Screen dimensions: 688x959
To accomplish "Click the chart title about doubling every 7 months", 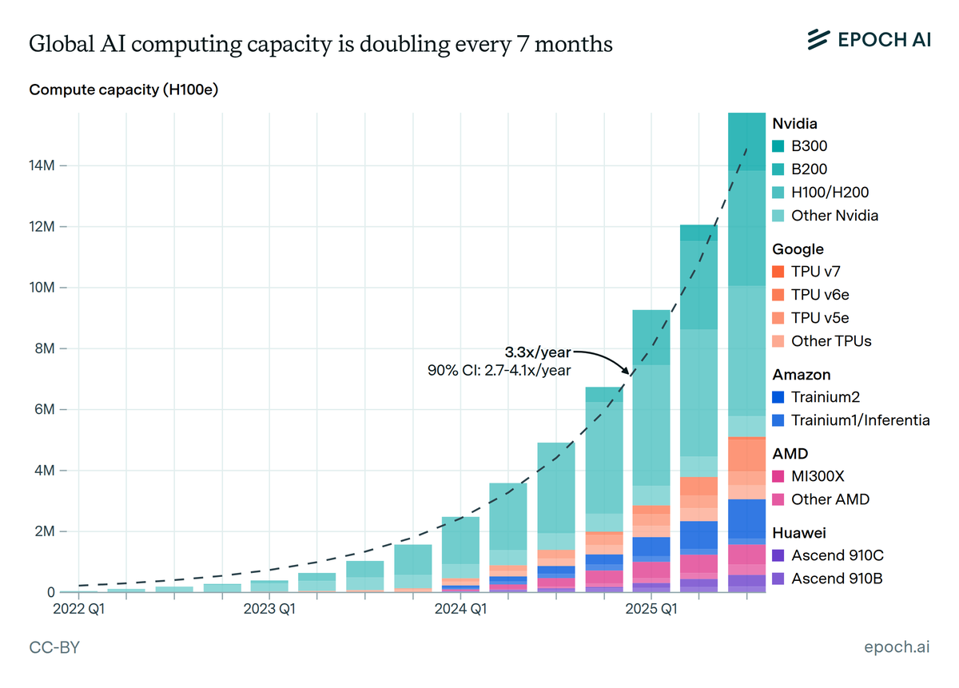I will click(x=320, y=45).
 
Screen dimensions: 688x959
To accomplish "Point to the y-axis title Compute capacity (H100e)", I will click(x=124, y=89).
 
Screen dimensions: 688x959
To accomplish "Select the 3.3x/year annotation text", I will click(x=538, y=351).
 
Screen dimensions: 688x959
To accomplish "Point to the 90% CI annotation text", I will click(x=499, y=369).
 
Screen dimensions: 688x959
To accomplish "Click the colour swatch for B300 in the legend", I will click(x=778, y=146).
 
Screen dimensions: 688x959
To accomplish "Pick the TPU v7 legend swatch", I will click(x=778, y=272).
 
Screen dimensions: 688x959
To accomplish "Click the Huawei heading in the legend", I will click(x=798, y=532).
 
